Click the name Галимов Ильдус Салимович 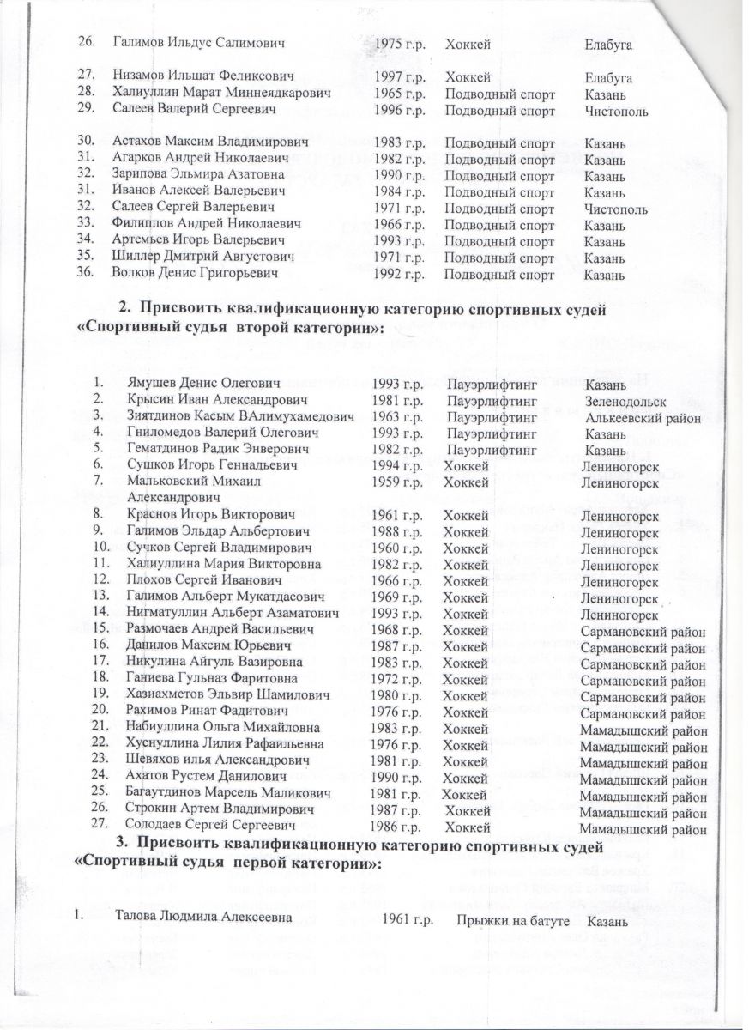click(x=199, y=42)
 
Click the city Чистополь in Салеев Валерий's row click(x=615, y=112)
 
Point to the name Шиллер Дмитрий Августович click(x=203, y=257)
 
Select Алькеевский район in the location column click(x=643, y=417)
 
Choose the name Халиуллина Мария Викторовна click(x=211, y=564)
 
